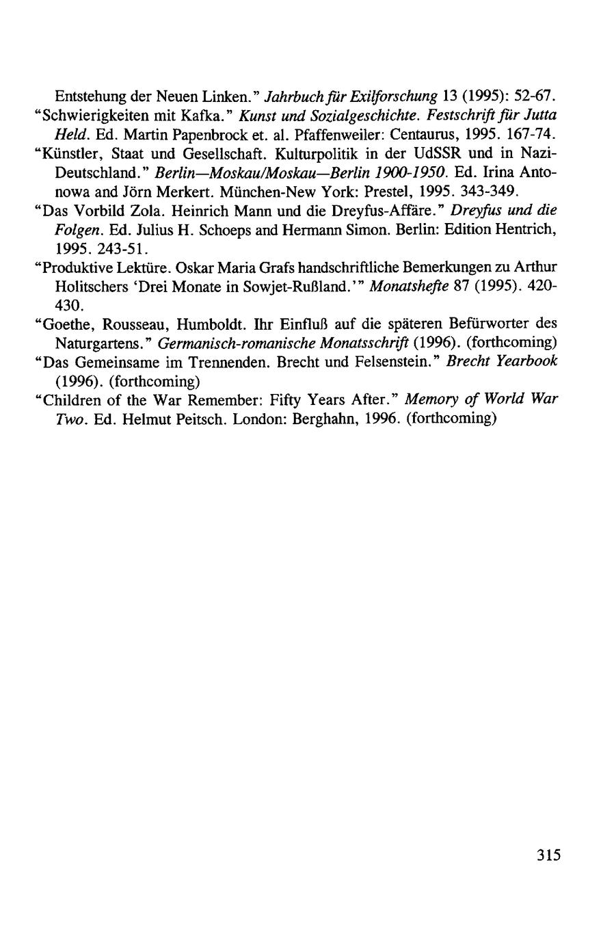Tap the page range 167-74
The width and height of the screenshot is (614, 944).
coord(528,130)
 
